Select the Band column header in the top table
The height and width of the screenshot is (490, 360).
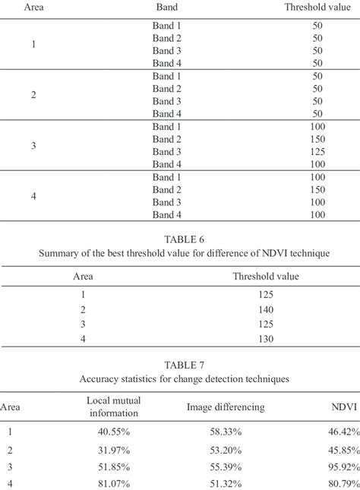tap(167, 8)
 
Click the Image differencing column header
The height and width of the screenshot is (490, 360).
tap(226, 407)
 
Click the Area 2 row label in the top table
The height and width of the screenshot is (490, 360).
tap(33, 95)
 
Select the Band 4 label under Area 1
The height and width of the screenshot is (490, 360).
tap(167, 62)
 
